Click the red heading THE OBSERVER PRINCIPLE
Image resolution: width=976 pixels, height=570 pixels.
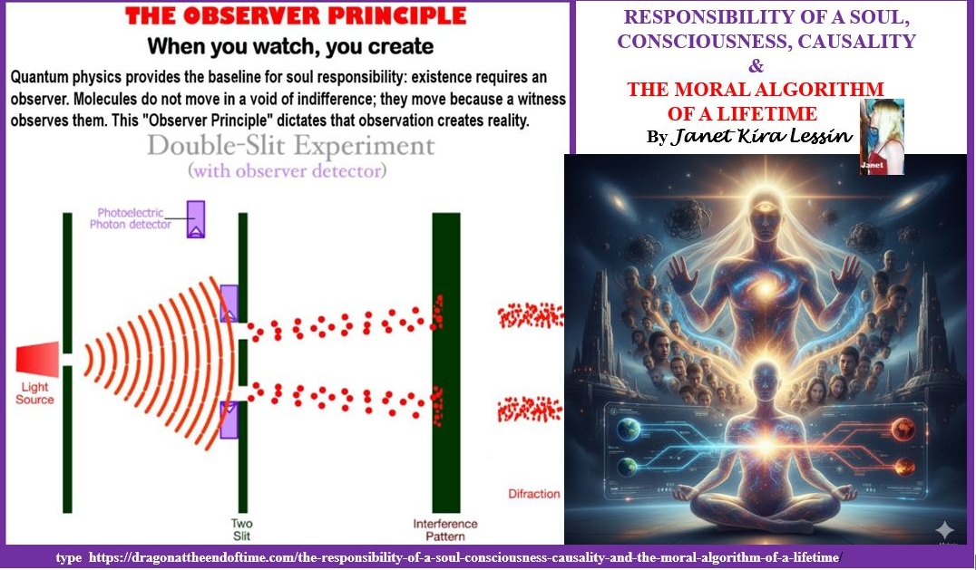click(296, 15)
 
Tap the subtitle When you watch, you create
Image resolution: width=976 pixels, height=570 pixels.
click(290, 45)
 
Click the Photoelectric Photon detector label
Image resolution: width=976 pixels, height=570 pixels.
click(135, 218)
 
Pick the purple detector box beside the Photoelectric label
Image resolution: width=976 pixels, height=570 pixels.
click(196, 219)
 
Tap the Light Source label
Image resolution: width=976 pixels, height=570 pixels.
click(34, 393)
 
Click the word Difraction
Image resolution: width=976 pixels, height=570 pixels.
click(534, 494)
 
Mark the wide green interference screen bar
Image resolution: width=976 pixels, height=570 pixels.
click(445, 362)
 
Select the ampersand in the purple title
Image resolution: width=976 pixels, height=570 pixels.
click(757, 65)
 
